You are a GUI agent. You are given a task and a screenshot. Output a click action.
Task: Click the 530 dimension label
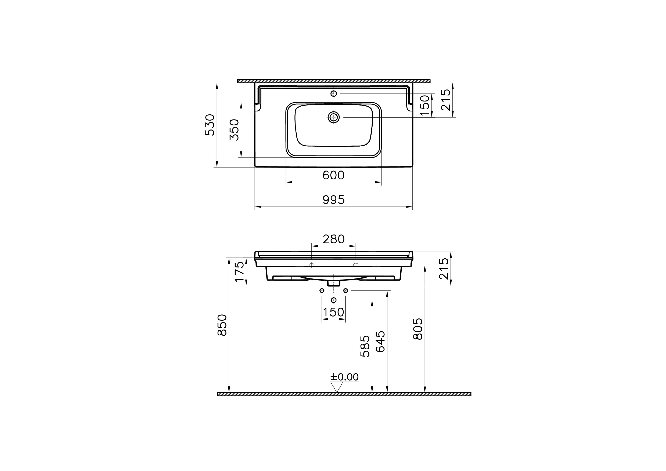(x=210, y=125)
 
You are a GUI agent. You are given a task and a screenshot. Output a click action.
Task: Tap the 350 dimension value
(x=234, y=130)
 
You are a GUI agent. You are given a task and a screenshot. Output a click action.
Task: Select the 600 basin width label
(x=333, y=175)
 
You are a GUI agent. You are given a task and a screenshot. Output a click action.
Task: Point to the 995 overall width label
(x=333, y=200)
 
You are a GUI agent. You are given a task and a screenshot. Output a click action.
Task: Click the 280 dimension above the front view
(x=333, y=239)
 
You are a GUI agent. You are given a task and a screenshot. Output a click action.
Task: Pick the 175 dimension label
(x=240, y=271)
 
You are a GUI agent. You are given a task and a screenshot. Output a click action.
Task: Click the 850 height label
(x=222, y=325)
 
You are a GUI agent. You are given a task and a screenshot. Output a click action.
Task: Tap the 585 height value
(x=365, y=346)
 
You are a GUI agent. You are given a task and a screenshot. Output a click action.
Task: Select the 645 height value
(x=380, y=342)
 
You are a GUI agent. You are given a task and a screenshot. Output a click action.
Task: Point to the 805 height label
(x=418, y=329)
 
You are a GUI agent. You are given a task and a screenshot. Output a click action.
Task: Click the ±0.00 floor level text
(x=344, y=377)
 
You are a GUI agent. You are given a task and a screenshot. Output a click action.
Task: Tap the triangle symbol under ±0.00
(x=337, y=387)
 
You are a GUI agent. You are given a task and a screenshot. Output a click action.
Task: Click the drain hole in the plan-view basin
(x=334, y=117)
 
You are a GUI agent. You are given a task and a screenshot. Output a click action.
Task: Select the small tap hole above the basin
(x=333, y=94)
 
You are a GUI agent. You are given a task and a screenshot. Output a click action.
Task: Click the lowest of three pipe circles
(x=334, y=300)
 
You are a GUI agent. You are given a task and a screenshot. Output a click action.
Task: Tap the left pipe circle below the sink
(x=322, y=291)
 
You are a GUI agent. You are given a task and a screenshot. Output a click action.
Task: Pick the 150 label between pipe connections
(x=333, y=312)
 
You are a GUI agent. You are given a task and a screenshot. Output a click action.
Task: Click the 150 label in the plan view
(x=424, y=106)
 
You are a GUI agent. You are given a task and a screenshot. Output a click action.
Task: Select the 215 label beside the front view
(x=444, y=269)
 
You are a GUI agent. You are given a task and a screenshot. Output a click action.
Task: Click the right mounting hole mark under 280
(x=356, y=265)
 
